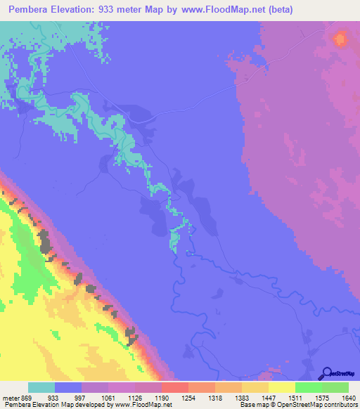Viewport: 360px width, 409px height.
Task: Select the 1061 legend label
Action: coord(109,397)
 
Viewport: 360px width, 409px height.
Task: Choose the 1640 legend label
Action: coord(349,397)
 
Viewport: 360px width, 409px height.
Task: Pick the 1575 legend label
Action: coord(323,397)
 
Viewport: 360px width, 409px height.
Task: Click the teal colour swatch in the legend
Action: coord(41,387)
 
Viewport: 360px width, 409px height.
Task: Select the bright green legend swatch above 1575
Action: coord(308,387)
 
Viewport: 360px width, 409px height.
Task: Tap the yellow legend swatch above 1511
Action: coord(281,387)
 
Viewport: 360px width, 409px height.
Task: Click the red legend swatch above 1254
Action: coord(174,387)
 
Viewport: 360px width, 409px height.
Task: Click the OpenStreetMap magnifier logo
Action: coord(326,373)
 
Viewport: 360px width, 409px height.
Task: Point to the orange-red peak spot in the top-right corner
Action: coord(342,39)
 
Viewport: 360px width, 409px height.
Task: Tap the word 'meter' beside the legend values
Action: coord(11,397)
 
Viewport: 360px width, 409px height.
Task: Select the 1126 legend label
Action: coord(136,397)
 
